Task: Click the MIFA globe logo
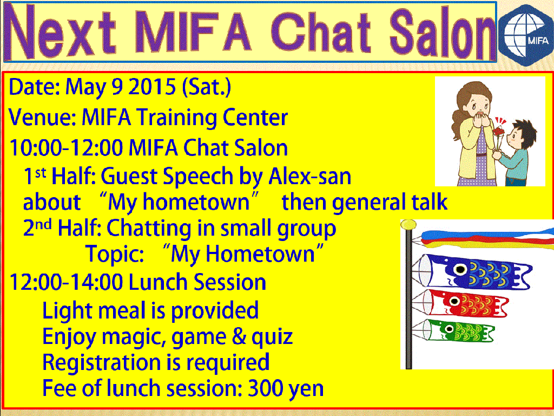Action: pyautogui.click(x=526, y=35)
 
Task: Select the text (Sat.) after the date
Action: pyautogui.click(x=207, y=87)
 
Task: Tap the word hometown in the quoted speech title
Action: pyautogui.click(x=196, y=202)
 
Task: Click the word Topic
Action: pyautogui.click(x=115, y=255)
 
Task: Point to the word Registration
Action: pyautogui.click(x=102, y=363)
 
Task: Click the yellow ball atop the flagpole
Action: pyautogui.click(x=408, y=224)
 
